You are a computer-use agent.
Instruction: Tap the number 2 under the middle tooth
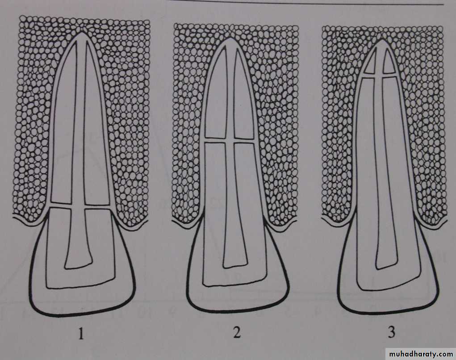(x=237, y=332)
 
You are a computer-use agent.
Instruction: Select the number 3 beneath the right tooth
(x=391, y=332)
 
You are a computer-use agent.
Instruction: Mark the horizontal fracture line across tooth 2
(x=230, y=140)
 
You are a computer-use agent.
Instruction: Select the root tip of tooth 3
(x=381, y=40)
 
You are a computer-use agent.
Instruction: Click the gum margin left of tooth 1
(x=29, y=222)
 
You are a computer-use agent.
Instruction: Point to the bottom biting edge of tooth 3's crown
(x=388, y=312)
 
